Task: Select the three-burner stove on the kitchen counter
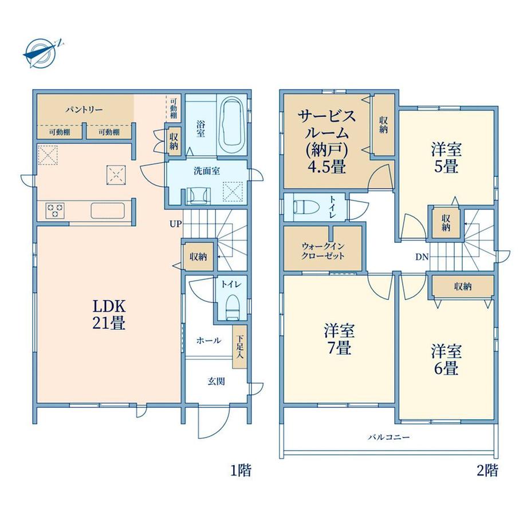[55, 210]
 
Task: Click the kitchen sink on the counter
[108, 211]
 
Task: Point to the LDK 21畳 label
[109, 314]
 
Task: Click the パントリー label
[84, 109]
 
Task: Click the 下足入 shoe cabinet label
[239, 347]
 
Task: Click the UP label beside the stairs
[175, 224]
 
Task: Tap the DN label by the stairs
[422, 257]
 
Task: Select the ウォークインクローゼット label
[323, 251]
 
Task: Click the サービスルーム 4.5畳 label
[327, 141]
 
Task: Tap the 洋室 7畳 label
[339, 339]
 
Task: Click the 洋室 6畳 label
[446, 359]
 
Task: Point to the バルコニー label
[389, 437]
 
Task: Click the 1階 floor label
[241, 470]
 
